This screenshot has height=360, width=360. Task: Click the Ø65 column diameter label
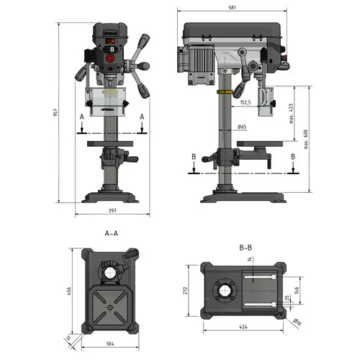pyautogui.click(x=243, y=127)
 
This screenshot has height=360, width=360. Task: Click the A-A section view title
pyautogui.click(x=111, y=233)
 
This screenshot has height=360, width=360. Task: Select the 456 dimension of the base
pyautogui.click(x=69, y=291)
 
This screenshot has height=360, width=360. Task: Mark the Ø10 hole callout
pyautogui.click(x=297, y=321)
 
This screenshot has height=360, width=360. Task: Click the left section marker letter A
pyautogui.click(x=83, y=115)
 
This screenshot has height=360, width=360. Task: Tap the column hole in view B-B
pyautogui.click(x=223, y=292)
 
